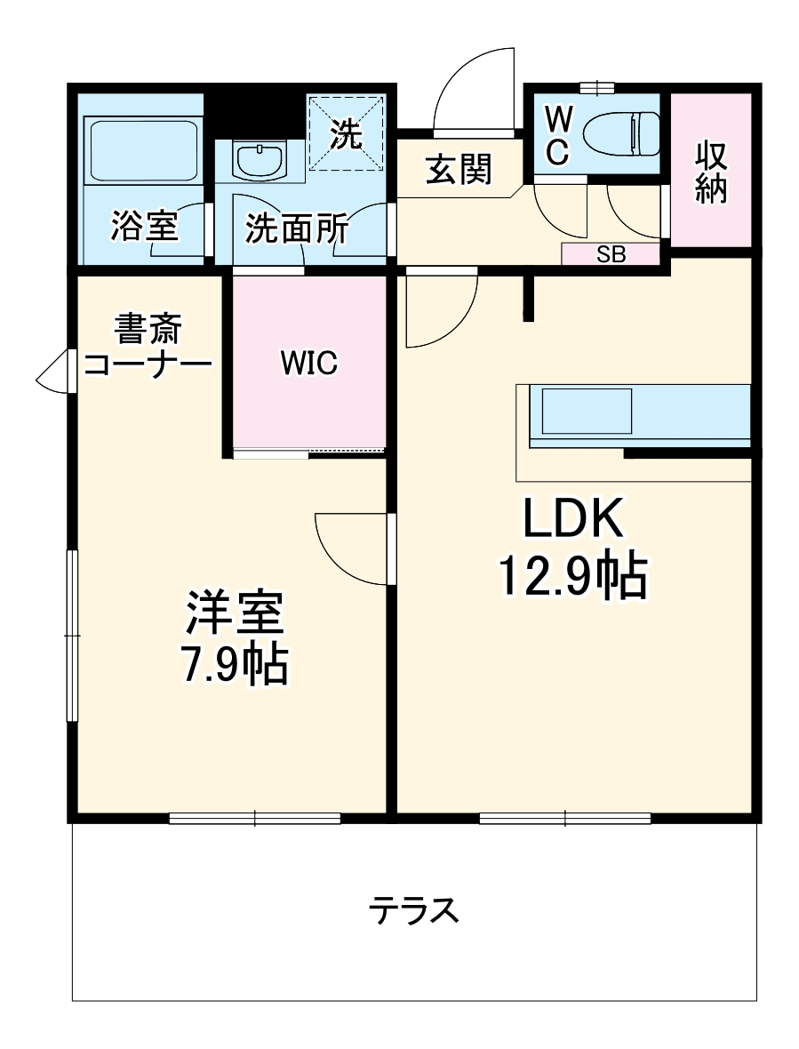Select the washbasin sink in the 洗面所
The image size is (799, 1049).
pos(260,160)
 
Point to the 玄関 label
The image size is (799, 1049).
pos(458,169)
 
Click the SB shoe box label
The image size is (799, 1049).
pos(611,255)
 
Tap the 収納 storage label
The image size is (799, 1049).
pos(711,172)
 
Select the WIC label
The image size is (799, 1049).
pos(308,363)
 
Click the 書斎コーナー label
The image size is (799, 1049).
pos(147,347)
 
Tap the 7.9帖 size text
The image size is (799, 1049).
pos(234,662)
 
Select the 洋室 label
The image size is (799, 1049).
pos(234,613)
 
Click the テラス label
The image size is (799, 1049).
pos(414,910)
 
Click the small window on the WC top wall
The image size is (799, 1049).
pos(596,87)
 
